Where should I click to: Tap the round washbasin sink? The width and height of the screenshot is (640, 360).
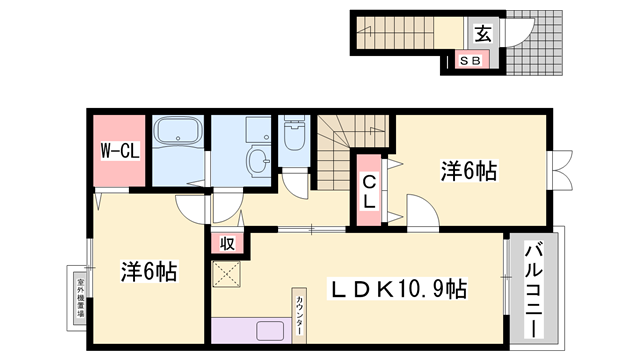[258, 161]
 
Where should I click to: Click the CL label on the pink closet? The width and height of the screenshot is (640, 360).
[368, 190]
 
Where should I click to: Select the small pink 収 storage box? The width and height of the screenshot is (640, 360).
[227, 243]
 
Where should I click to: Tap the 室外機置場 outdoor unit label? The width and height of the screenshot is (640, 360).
[79, 297]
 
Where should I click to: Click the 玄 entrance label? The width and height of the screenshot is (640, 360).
[482, 34]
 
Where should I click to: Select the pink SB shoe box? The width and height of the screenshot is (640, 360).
[472, 61]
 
